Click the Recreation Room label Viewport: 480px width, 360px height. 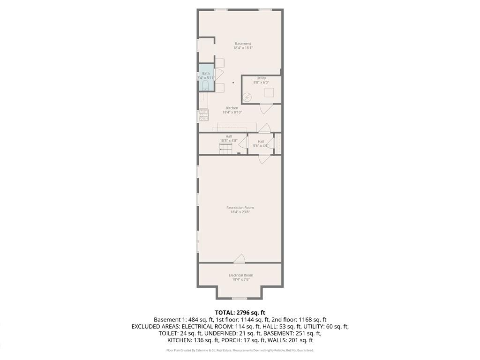240,208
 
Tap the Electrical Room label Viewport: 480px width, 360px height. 240,275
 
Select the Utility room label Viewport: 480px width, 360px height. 261,78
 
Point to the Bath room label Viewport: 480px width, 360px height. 206,74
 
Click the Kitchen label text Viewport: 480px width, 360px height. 232,108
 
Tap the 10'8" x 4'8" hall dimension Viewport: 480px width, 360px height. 229,141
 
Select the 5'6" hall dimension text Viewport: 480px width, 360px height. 261,146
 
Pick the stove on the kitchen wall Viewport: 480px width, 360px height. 203,115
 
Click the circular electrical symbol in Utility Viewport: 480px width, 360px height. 247,97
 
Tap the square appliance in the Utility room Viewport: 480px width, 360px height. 269,92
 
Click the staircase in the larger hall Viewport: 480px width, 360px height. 226,149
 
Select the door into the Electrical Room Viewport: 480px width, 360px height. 240,258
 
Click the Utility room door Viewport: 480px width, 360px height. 266,108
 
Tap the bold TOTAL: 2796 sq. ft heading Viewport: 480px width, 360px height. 240,312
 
